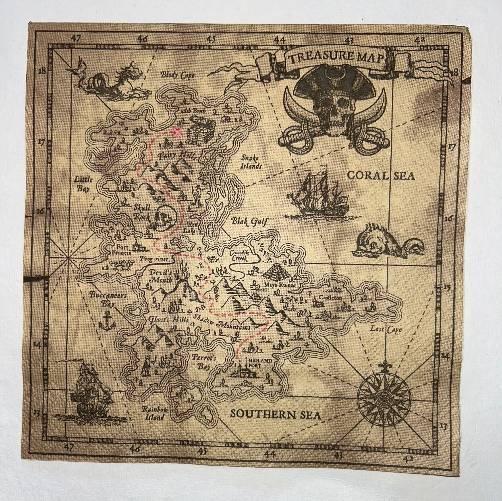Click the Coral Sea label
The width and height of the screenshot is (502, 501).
(381, 176)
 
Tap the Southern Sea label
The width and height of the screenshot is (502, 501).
(275, 414)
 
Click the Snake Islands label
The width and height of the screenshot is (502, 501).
(251, 161)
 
